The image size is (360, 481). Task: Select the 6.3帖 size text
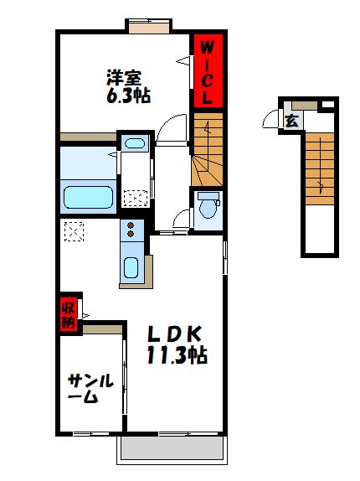coord(126,96)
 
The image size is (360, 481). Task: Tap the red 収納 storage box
coord(67,313)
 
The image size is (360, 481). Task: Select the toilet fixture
coord(207,206)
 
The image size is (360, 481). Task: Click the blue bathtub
coord(88,198)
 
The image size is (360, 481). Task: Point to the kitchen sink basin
coord(131,268)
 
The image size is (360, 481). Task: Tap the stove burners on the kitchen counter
coord(131,230)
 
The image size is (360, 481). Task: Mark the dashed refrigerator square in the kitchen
coord(73,230)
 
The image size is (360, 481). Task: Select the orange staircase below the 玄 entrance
coord(317,168)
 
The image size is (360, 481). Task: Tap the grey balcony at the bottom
coord(172,451)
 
